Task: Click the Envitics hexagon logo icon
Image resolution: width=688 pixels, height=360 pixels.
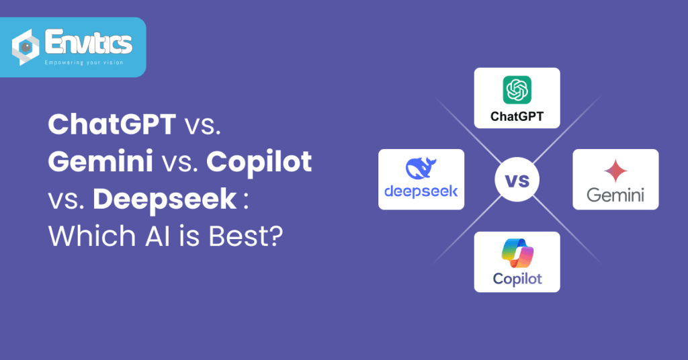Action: pos(25,47)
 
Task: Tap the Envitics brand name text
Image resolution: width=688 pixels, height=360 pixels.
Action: pos(89,42)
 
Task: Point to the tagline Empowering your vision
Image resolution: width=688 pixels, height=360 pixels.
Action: pos(84,62)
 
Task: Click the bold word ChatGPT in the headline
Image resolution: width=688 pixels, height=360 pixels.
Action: pos(112,124)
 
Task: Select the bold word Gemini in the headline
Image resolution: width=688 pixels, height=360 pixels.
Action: pos(101,161)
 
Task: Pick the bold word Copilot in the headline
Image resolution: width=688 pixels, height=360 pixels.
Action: pos(259,163)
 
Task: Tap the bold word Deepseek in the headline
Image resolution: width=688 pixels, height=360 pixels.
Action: pos(165,199)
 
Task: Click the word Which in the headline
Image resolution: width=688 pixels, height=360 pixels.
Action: pos(92,236)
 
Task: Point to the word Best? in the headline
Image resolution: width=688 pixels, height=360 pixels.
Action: pos(246,236)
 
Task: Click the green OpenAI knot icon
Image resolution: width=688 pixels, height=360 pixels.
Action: pos(517,90)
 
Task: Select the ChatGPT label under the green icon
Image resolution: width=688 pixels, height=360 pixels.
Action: pos(517,116)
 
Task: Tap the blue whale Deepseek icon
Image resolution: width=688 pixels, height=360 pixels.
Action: pos(421,169)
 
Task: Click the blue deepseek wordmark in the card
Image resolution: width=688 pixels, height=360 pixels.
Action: pos(421,191)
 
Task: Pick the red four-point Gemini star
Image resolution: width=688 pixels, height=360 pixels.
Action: pos(615,171)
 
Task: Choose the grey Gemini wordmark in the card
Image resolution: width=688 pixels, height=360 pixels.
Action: pos(615,195)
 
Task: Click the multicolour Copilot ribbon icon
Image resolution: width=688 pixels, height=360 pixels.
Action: pos(517,253)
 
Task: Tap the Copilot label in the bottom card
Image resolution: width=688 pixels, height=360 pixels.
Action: pos(517,279)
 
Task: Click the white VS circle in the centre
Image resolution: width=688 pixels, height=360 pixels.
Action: pos(517,180)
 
